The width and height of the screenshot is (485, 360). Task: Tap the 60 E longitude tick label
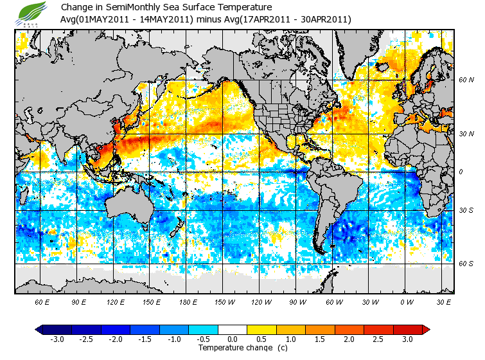42,301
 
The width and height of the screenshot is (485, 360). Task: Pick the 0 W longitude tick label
406,301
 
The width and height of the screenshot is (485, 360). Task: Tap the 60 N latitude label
466,80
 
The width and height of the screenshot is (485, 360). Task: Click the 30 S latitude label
466,210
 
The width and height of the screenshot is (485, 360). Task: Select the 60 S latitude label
466,264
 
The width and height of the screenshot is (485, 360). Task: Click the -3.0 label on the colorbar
57,339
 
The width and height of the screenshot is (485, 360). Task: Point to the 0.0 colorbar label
232,339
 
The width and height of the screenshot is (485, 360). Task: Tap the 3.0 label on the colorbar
407,339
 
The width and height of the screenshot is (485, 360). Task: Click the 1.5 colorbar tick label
320,339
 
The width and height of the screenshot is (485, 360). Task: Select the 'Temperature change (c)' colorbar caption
233,348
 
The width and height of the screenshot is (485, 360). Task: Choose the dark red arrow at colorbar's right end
425,329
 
